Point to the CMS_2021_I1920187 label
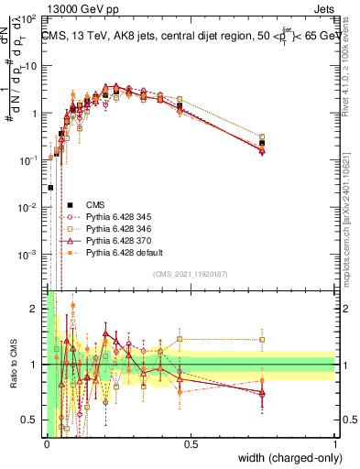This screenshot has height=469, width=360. [190, 274]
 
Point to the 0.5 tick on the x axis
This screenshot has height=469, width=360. [191, 443]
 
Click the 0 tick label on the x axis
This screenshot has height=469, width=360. [47, 443]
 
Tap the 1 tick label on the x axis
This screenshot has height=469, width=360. [335, 443]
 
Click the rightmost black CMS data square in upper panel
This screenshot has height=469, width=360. [262, 143]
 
